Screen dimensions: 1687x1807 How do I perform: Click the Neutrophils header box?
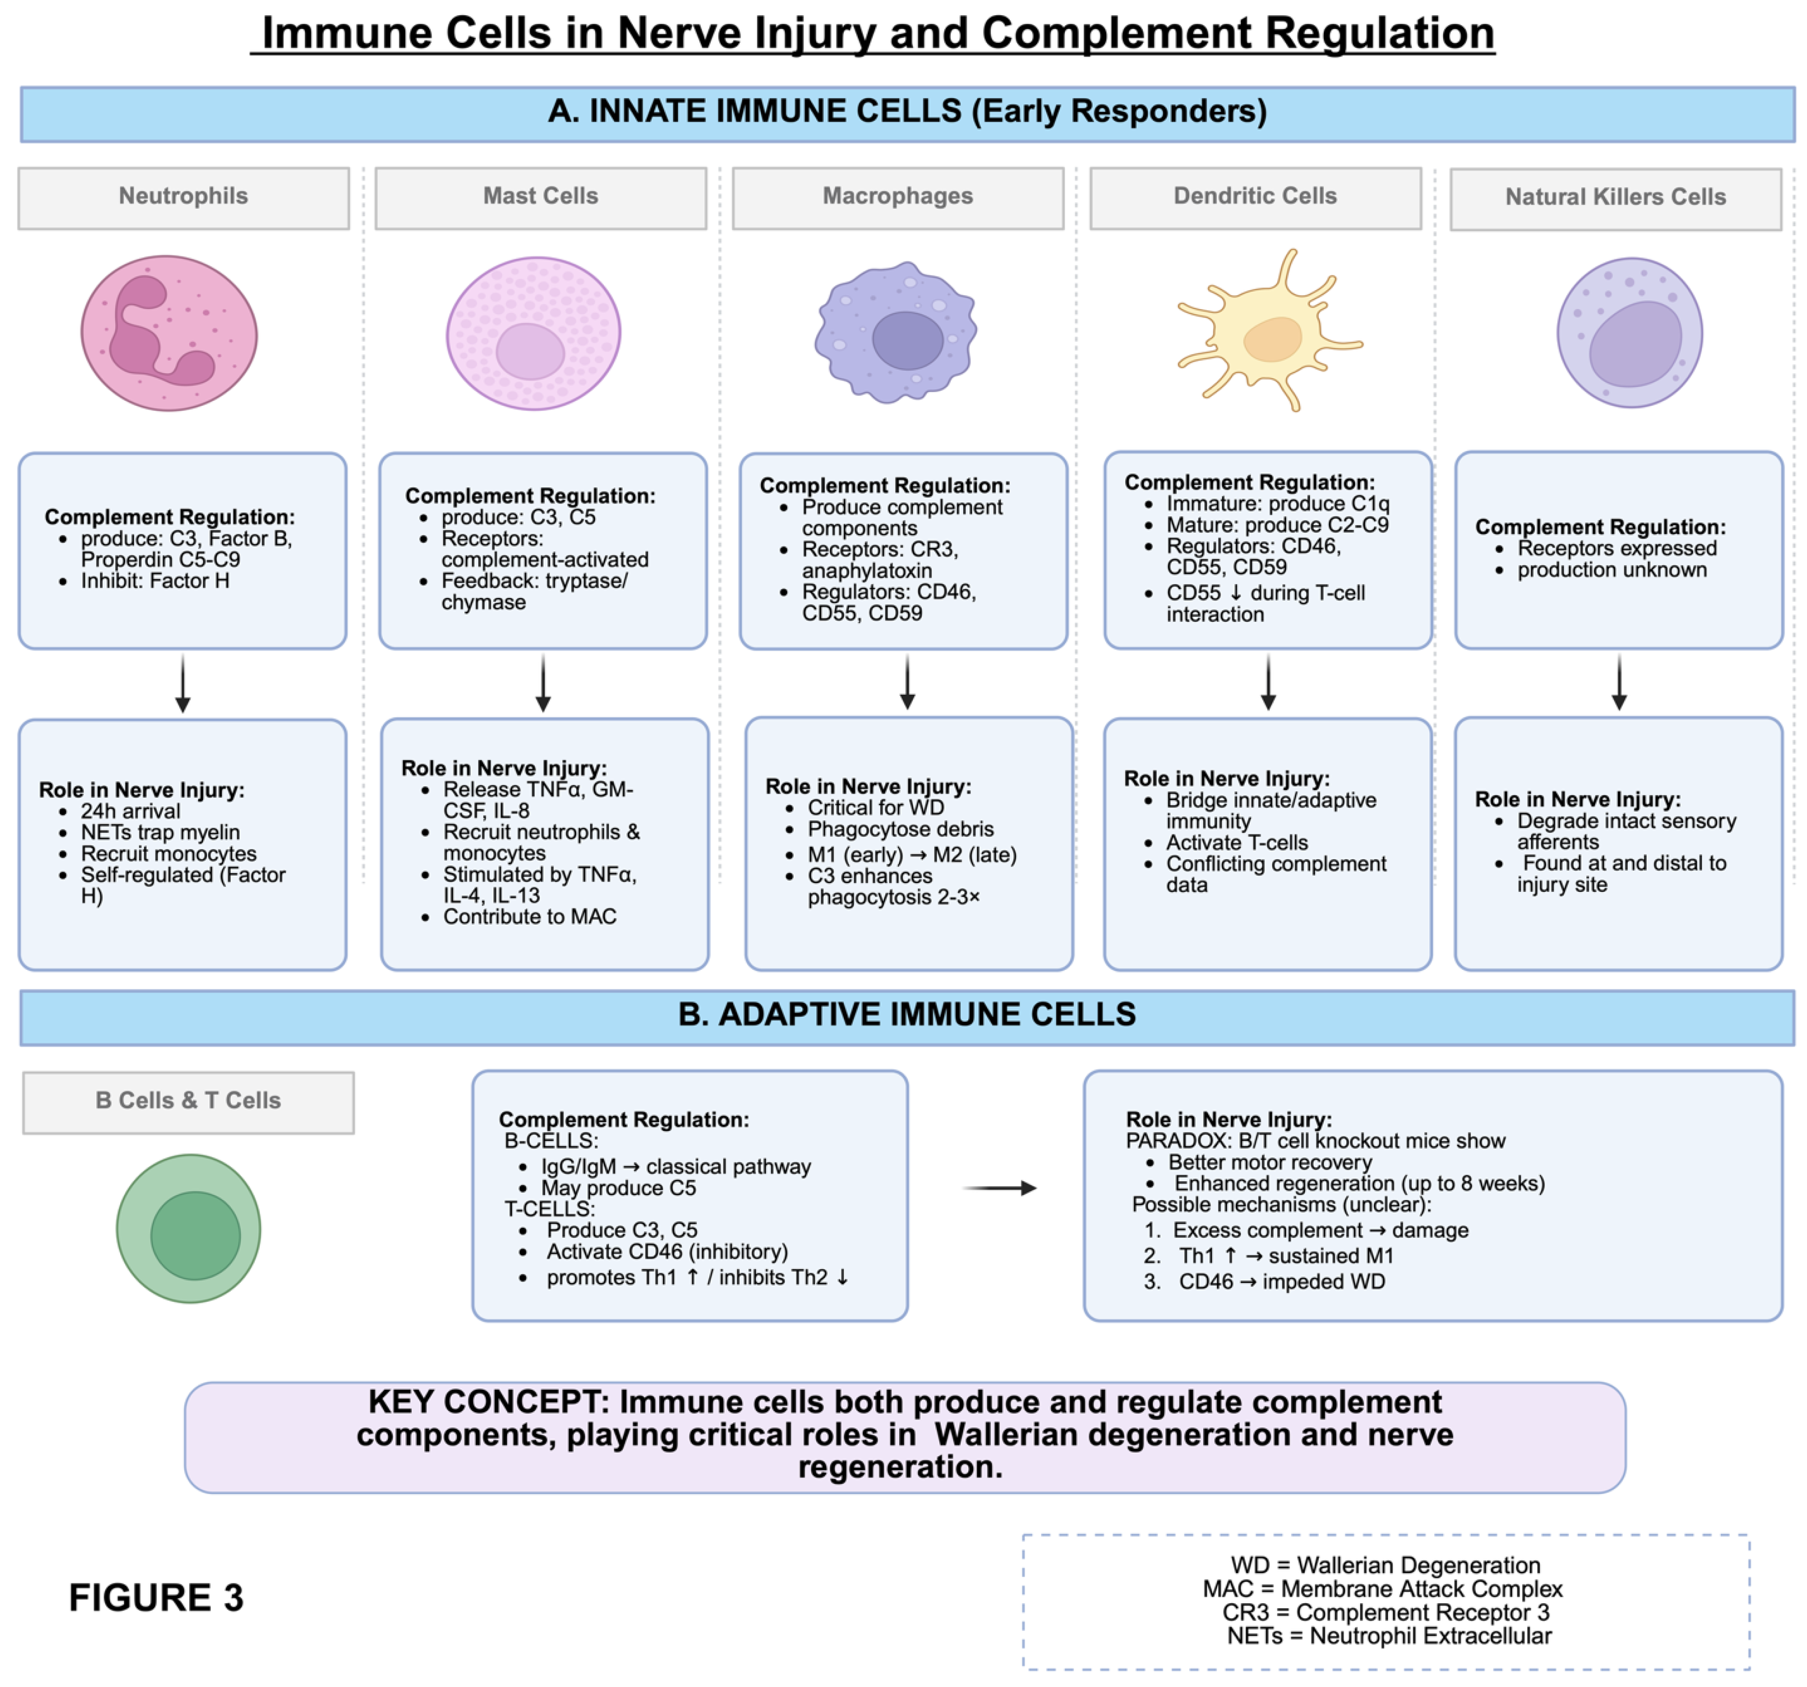[x=184, y=197]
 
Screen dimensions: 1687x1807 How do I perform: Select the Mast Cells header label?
[x=541, y=197]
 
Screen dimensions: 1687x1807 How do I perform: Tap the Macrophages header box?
[x=898, y=197]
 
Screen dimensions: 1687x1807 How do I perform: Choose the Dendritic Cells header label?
[x=1255, y=197]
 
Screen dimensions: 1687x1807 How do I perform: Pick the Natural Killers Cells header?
[x=1615, y=198]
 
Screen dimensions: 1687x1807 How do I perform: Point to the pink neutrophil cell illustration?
[x=169, y=334]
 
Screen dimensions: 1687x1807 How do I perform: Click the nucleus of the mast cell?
[x=530, y=352]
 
